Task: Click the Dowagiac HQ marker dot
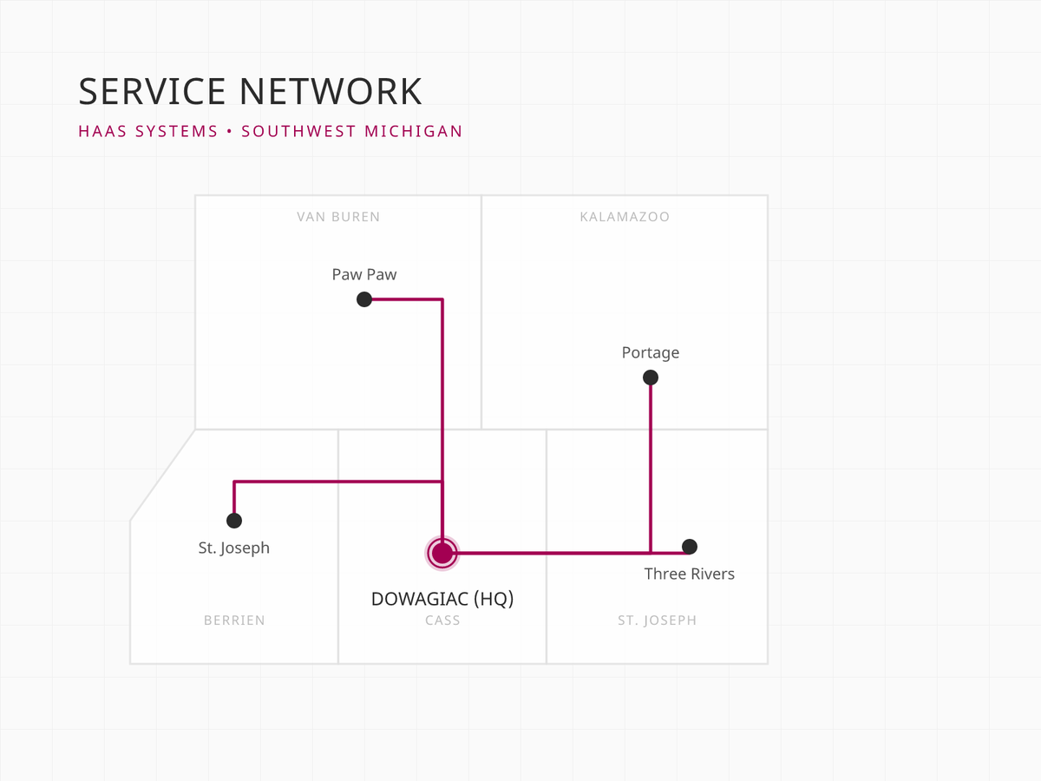coord(442,552)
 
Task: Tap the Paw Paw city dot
coord(364,299)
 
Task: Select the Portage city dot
coord(651,377)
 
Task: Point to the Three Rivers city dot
coord(690,547)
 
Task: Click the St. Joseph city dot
coord(234,521)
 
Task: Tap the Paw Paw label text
coord(364,274)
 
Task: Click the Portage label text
coord(651,352)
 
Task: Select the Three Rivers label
coord(690,574)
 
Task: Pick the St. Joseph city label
coord(234,548)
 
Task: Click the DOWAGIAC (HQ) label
coord(442,599)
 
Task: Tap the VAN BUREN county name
coord(338,217)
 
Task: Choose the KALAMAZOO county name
coord(625,217)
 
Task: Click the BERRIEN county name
coord(234,620)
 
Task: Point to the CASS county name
coord(442,620)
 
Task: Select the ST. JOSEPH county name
coord(657,620)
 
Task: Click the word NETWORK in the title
coord(331,92)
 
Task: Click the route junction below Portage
coord(651,552)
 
